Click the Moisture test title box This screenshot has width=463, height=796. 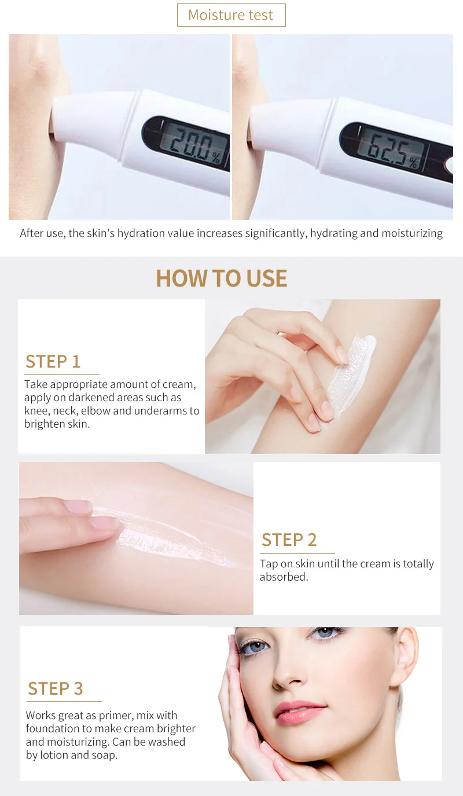pos(231,15)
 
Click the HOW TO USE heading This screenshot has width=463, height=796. pos(222,278)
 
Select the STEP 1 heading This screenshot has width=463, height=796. pos(53,362)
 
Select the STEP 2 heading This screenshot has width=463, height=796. pos(289,540)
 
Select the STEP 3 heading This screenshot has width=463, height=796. pos(56,689)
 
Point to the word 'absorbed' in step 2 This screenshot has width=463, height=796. pos(283,577)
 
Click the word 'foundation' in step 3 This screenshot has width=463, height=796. pos(53,728)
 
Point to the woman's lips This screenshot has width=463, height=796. pos(301,713)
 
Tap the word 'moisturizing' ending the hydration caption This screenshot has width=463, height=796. pos(412,233)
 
